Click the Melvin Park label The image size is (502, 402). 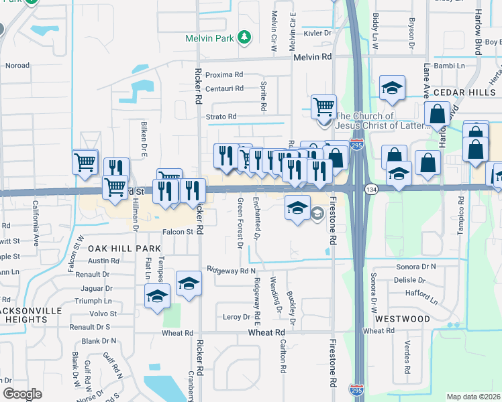[209, 38]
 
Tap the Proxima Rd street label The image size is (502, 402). [223, 74]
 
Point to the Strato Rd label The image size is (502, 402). [221, 117]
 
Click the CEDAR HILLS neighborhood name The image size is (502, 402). [463, 92]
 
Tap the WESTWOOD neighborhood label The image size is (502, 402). [403, 319]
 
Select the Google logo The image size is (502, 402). [22, 393]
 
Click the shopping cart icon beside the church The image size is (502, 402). [323, 106]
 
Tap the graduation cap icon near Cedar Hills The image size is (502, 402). [391, 88]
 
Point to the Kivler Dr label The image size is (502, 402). [318, 32]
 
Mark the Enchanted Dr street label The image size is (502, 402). [256, 218]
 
